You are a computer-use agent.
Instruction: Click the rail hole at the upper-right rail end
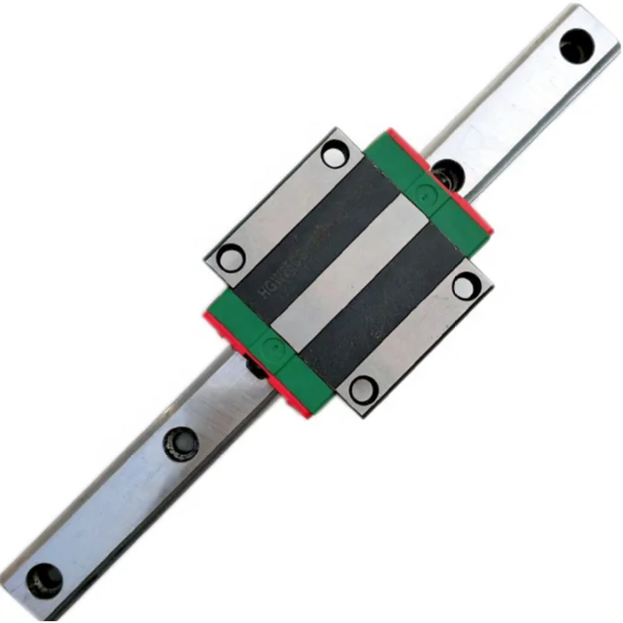(x=575, y=46)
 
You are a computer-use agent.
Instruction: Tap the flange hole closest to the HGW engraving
(x=231, y=259)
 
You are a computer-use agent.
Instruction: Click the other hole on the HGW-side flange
(x=334, y=155)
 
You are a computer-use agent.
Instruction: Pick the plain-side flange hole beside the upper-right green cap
(x=466, y=286)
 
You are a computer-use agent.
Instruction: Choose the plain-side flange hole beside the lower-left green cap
(x=363, y=390)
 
